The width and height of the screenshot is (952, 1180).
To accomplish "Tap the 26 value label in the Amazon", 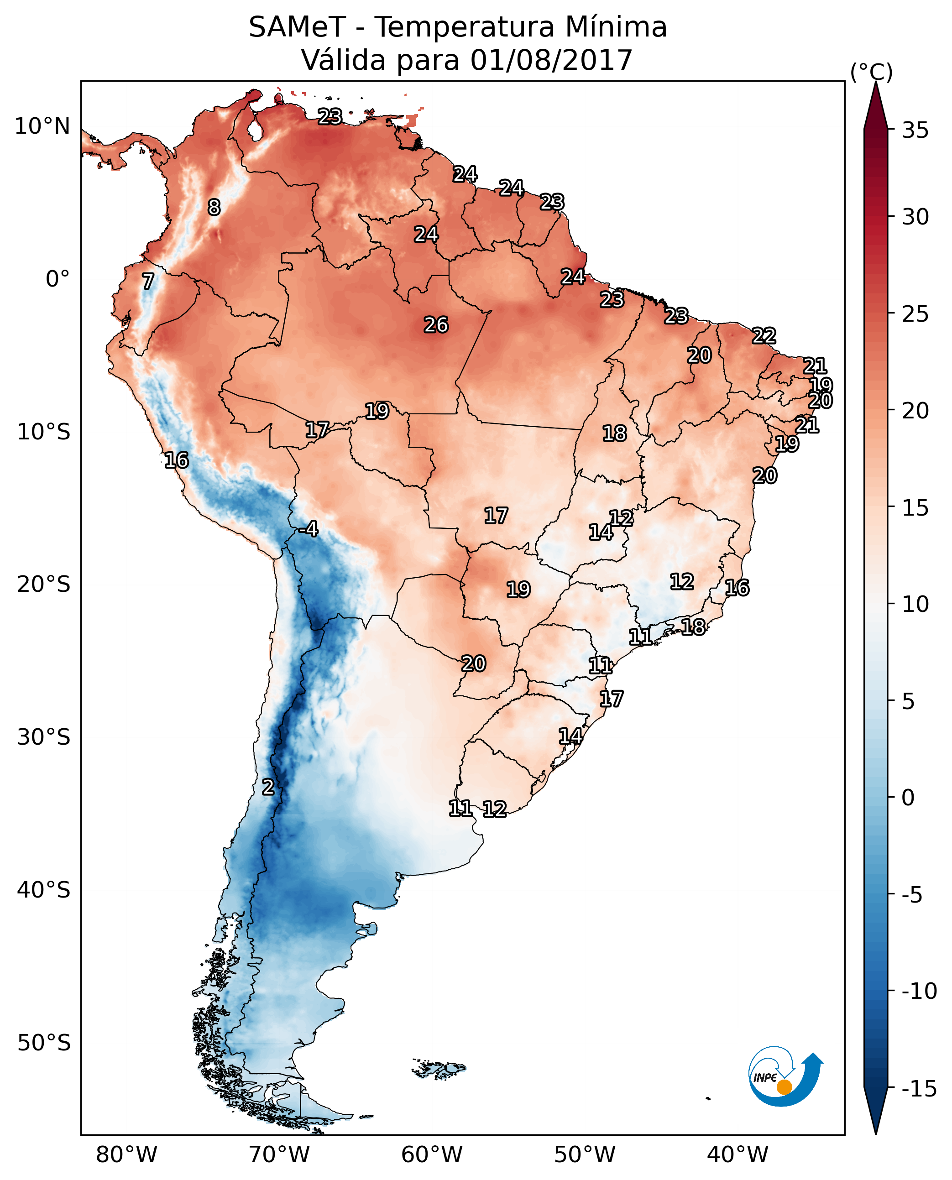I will point(436,325).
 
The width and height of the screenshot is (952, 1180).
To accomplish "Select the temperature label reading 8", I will point(214,207).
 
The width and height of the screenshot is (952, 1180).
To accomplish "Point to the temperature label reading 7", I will point(147,281).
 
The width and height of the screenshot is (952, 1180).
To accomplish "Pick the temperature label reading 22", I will point(764,335).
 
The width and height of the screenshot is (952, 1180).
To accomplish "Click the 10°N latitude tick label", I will point(42,127).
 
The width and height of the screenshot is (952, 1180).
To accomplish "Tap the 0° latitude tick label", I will point(58,279).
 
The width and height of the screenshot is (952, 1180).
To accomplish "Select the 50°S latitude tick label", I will point(44,1042).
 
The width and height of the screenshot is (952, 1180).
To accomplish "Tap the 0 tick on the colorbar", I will point(908,798).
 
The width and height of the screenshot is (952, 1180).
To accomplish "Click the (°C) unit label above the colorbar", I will point(871,72).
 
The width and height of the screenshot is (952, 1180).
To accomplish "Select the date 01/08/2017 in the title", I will point(551,60).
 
